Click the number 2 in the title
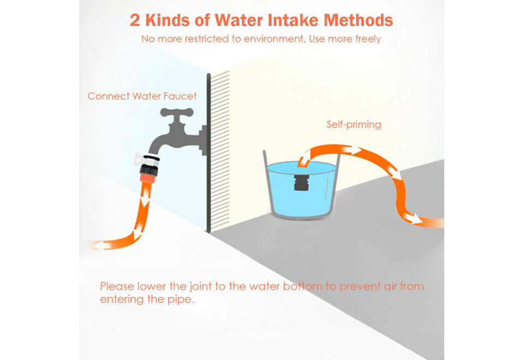(135, 20)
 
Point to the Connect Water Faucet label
(142, 96)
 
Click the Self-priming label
(354, 124)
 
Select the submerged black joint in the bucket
(301, 183)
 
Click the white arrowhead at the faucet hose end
(98, 246)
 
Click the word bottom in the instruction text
(302, 286)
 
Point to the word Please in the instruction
(117, 286)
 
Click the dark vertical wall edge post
(209, 153)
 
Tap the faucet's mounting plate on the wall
(204, 140)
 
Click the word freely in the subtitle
(368, 39)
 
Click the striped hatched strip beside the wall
(220, 151)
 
